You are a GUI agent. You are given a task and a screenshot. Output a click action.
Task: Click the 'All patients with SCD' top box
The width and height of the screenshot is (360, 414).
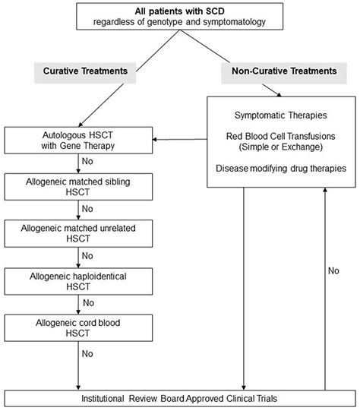click(x=179, y=17)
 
